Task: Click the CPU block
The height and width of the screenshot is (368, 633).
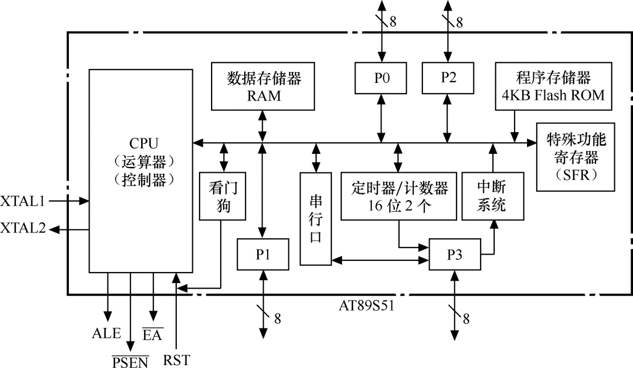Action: pyautogui.click(x=141, y=171)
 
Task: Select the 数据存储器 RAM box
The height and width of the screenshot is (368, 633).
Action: pyautogui.click(x=263, y=86)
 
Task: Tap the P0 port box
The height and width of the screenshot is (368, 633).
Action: pyautogui.click(x=381, y=78)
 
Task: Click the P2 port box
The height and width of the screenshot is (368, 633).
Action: pyautogui.click(x=448, y=78)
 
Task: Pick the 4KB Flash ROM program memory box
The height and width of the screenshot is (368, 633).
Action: pyautogui.click(x=553, y=86)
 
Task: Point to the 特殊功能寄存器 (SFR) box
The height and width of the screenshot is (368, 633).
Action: pyautogui.click(x=576, y=157)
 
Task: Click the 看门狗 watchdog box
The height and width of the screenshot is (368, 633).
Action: pyautogui.click(x=223, y=196)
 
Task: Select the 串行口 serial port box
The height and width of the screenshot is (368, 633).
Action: pyautogui.click(x=315, y=219)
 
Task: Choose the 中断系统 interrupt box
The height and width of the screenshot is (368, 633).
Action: pyautogui.click(x=492, y=196)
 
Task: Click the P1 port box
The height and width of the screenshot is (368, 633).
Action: pyautogui.click(x=263, y=255)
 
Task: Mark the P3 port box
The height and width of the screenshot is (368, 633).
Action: pyautogui.click(x=454, y=255)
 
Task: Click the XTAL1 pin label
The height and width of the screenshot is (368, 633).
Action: pyautogui.click(x=23, y=201)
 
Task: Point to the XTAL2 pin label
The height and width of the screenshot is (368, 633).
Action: pyautogui.click(x=23, y=228)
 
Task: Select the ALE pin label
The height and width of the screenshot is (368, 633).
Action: pyautogui.click(x=107, y=333)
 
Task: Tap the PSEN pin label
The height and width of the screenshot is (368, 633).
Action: pyautogui.click(x=130, y=361)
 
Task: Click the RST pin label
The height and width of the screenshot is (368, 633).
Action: pyautogui.click(x=176, y=360)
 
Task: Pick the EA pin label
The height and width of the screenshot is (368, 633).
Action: pyautogui.click(x=152, y=334)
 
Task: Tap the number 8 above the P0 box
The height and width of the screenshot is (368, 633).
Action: pyautogui.click(x=392, y=22)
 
